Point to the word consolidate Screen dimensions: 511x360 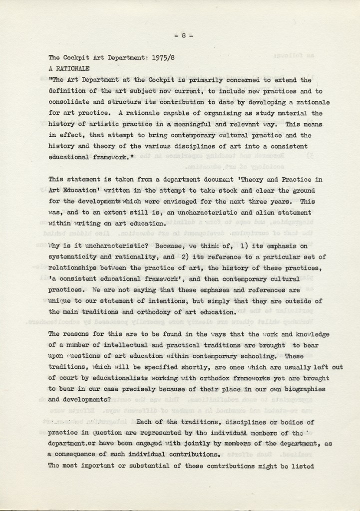point(68,102)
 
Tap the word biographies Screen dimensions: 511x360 point(305,390)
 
